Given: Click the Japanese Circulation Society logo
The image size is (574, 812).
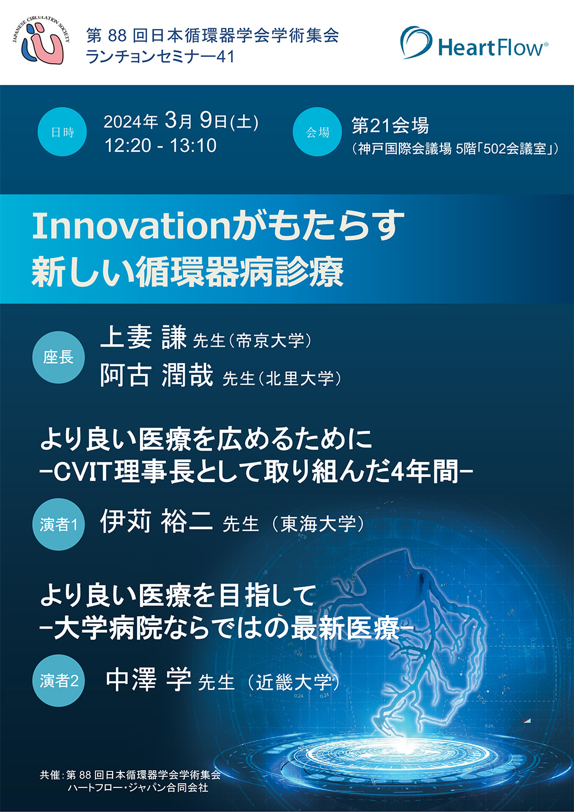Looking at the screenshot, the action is tap(41, 41).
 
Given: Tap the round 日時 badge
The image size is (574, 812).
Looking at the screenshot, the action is tap(62, 132).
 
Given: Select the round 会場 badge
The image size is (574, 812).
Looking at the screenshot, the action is tap(317, 132).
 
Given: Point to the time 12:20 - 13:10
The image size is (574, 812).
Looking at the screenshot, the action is tap(161, 146).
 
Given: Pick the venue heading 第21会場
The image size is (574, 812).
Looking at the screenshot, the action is tap(390, 126).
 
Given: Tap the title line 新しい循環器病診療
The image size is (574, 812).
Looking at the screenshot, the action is tap(188, 272).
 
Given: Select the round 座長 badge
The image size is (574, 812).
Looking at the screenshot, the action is tap(59, 358).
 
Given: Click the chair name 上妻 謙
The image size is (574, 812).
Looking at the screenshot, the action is tap(143, 338).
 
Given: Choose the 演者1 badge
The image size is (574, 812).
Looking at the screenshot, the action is tap(59, 524).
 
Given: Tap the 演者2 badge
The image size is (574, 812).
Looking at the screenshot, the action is tap(59, 681).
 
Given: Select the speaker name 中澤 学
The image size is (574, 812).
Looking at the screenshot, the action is tap(149, 679).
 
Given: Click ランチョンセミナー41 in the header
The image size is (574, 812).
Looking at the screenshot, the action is tap(160, 57).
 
